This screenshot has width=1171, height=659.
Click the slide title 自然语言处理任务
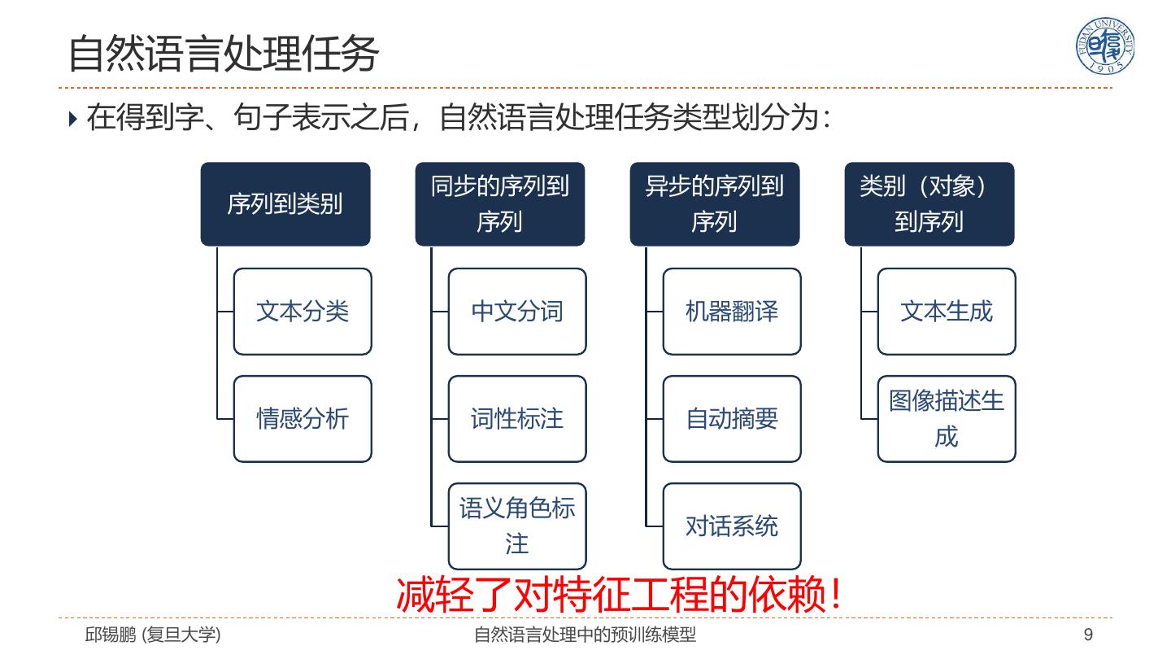(224, 54)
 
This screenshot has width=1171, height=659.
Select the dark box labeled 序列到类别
(285, 204)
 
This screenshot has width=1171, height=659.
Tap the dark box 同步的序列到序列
(500, 204)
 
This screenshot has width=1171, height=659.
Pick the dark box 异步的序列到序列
(715, 204)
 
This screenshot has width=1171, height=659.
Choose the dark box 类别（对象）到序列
(929, 204)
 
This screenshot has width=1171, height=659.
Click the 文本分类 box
(303, 312)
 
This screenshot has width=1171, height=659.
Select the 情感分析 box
(303, 419)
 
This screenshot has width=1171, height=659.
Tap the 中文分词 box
(517, 312)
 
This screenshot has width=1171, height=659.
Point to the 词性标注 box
(517, 419)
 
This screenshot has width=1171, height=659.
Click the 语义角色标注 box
(517, 526)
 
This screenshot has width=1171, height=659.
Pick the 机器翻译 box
(732, 312)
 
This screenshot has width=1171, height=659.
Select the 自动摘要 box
(732, 419)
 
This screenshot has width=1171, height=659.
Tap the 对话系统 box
(732, 526)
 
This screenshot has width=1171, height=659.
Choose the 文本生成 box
(947, 312)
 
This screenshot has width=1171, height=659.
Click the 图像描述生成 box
(947, 419)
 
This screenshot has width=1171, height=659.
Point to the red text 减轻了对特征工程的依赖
(618, 595)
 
